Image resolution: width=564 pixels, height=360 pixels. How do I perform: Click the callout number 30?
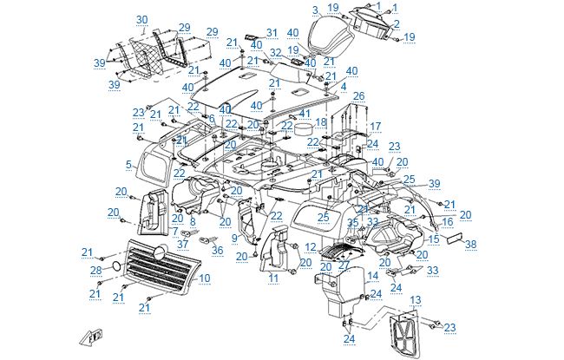coord(142,19)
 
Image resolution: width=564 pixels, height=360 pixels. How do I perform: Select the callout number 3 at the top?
coord(316,10)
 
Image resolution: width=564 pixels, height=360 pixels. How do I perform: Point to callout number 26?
coord(358,95)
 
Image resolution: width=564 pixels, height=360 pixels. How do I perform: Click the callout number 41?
coord(304,114)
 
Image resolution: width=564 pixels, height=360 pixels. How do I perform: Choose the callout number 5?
coord(128,164)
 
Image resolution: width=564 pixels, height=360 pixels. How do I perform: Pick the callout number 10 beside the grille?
coord(205,278)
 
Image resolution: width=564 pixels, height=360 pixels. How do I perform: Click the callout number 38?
coord(471,245)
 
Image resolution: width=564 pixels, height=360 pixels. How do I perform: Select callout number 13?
coord(415,299)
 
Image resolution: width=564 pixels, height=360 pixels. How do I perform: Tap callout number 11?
coord(272,278)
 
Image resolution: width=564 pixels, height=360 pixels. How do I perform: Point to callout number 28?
coord(96,270)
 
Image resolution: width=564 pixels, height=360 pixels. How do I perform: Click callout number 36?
coord(217,251)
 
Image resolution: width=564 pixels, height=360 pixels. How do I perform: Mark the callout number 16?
coord(448,222)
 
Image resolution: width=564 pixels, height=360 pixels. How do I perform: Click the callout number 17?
coord(375,127)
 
